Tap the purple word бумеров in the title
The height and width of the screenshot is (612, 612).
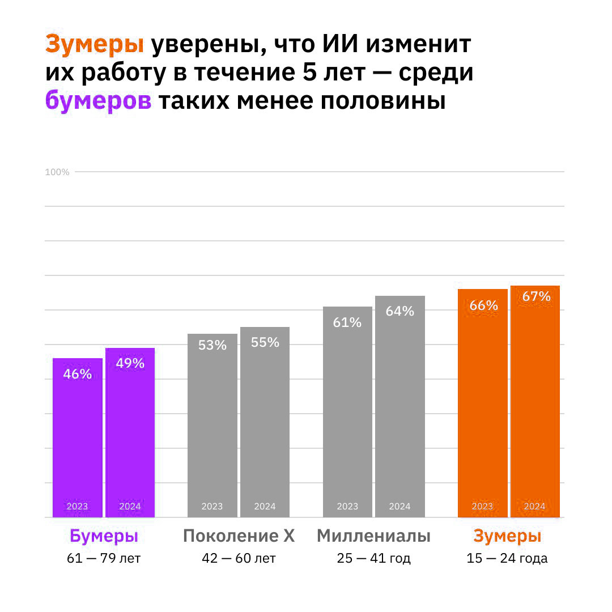tap(98, 101)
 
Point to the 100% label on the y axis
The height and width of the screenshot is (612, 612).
tap(57, 172)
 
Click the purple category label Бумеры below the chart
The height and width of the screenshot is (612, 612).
tap(104, 536)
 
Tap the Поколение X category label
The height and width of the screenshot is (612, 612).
tap(239, 536)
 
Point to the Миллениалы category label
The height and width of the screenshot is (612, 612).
tap(373, 536)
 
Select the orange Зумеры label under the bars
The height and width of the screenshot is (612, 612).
tap(507, 536)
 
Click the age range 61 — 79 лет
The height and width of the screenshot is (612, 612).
tap(104, 559)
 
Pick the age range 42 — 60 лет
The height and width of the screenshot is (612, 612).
tap(239, 559)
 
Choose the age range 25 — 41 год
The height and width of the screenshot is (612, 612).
tap(373, 559)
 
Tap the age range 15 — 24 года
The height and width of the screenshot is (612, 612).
tap(507, 559)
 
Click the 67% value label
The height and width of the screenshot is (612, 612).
tap(536, 296)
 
